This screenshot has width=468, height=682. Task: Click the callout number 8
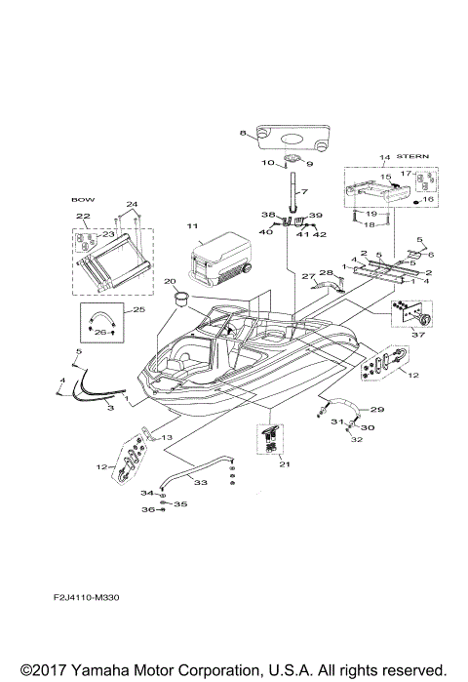click(x=243, y=132)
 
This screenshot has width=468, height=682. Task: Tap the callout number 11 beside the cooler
click(x=192, y=225)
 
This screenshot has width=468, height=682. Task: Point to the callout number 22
click(x=83, y=216)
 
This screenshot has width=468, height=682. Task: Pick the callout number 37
click(x=420, y=334)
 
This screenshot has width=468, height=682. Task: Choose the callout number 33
click(x=201, y=482)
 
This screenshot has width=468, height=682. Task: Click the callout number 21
click(x=284, y=464)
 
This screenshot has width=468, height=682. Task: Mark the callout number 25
click(x=138, y=309)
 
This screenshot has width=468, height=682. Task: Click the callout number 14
click(x=384, y=156)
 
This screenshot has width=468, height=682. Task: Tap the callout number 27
click(x=305, y=277)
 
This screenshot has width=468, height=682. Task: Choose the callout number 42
click(x=319, y=235)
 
